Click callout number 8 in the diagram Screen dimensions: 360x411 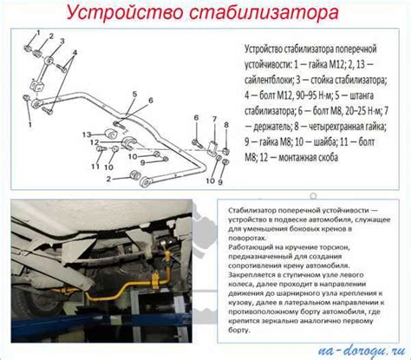[225, 125]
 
